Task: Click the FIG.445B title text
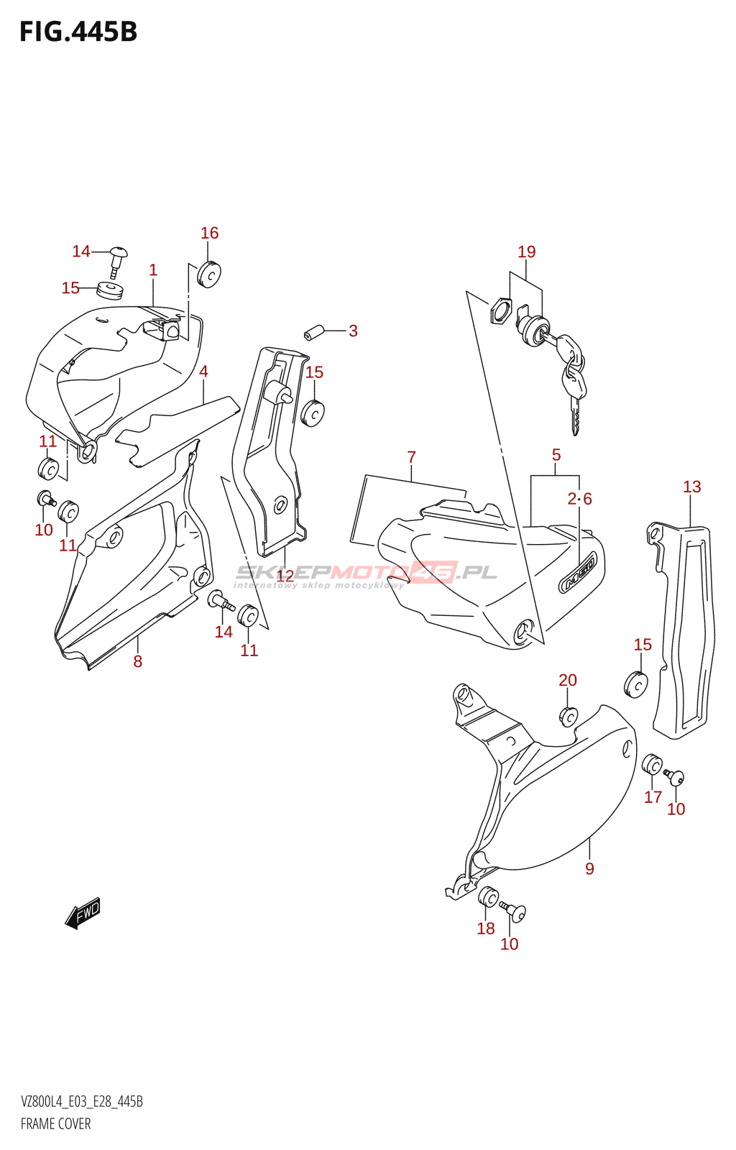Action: coord(78,32)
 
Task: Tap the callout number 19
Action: coord(527,252)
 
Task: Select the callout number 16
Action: coord(209,233)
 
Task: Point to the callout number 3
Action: coord(353,331)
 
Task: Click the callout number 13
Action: coord(691,487)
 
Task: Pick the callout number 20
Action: coord(568,680)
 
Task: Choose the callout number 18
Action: coord(486,929)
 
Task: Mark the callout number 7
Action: coord(411,457)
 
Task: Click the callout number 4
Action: coord(203,372)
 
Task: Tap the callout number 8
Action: coord(137,661)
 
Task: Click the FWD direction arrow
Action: coord(83,913)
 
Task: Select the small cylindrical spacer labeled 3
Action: coord(312,333)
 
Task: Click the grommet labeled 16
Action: coord(209,273)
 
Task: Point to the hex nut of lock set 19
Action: coord(500,311)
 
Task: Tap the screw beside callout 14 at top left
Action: coord(119,259)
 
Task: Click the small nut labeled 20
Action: coord(568,717)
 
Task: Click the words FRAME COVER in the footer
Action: coord(55,1124)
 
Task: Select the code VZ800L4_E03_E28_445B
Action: coord(81,1102)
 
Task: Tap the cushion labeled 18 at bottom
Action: coord(488,897)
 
